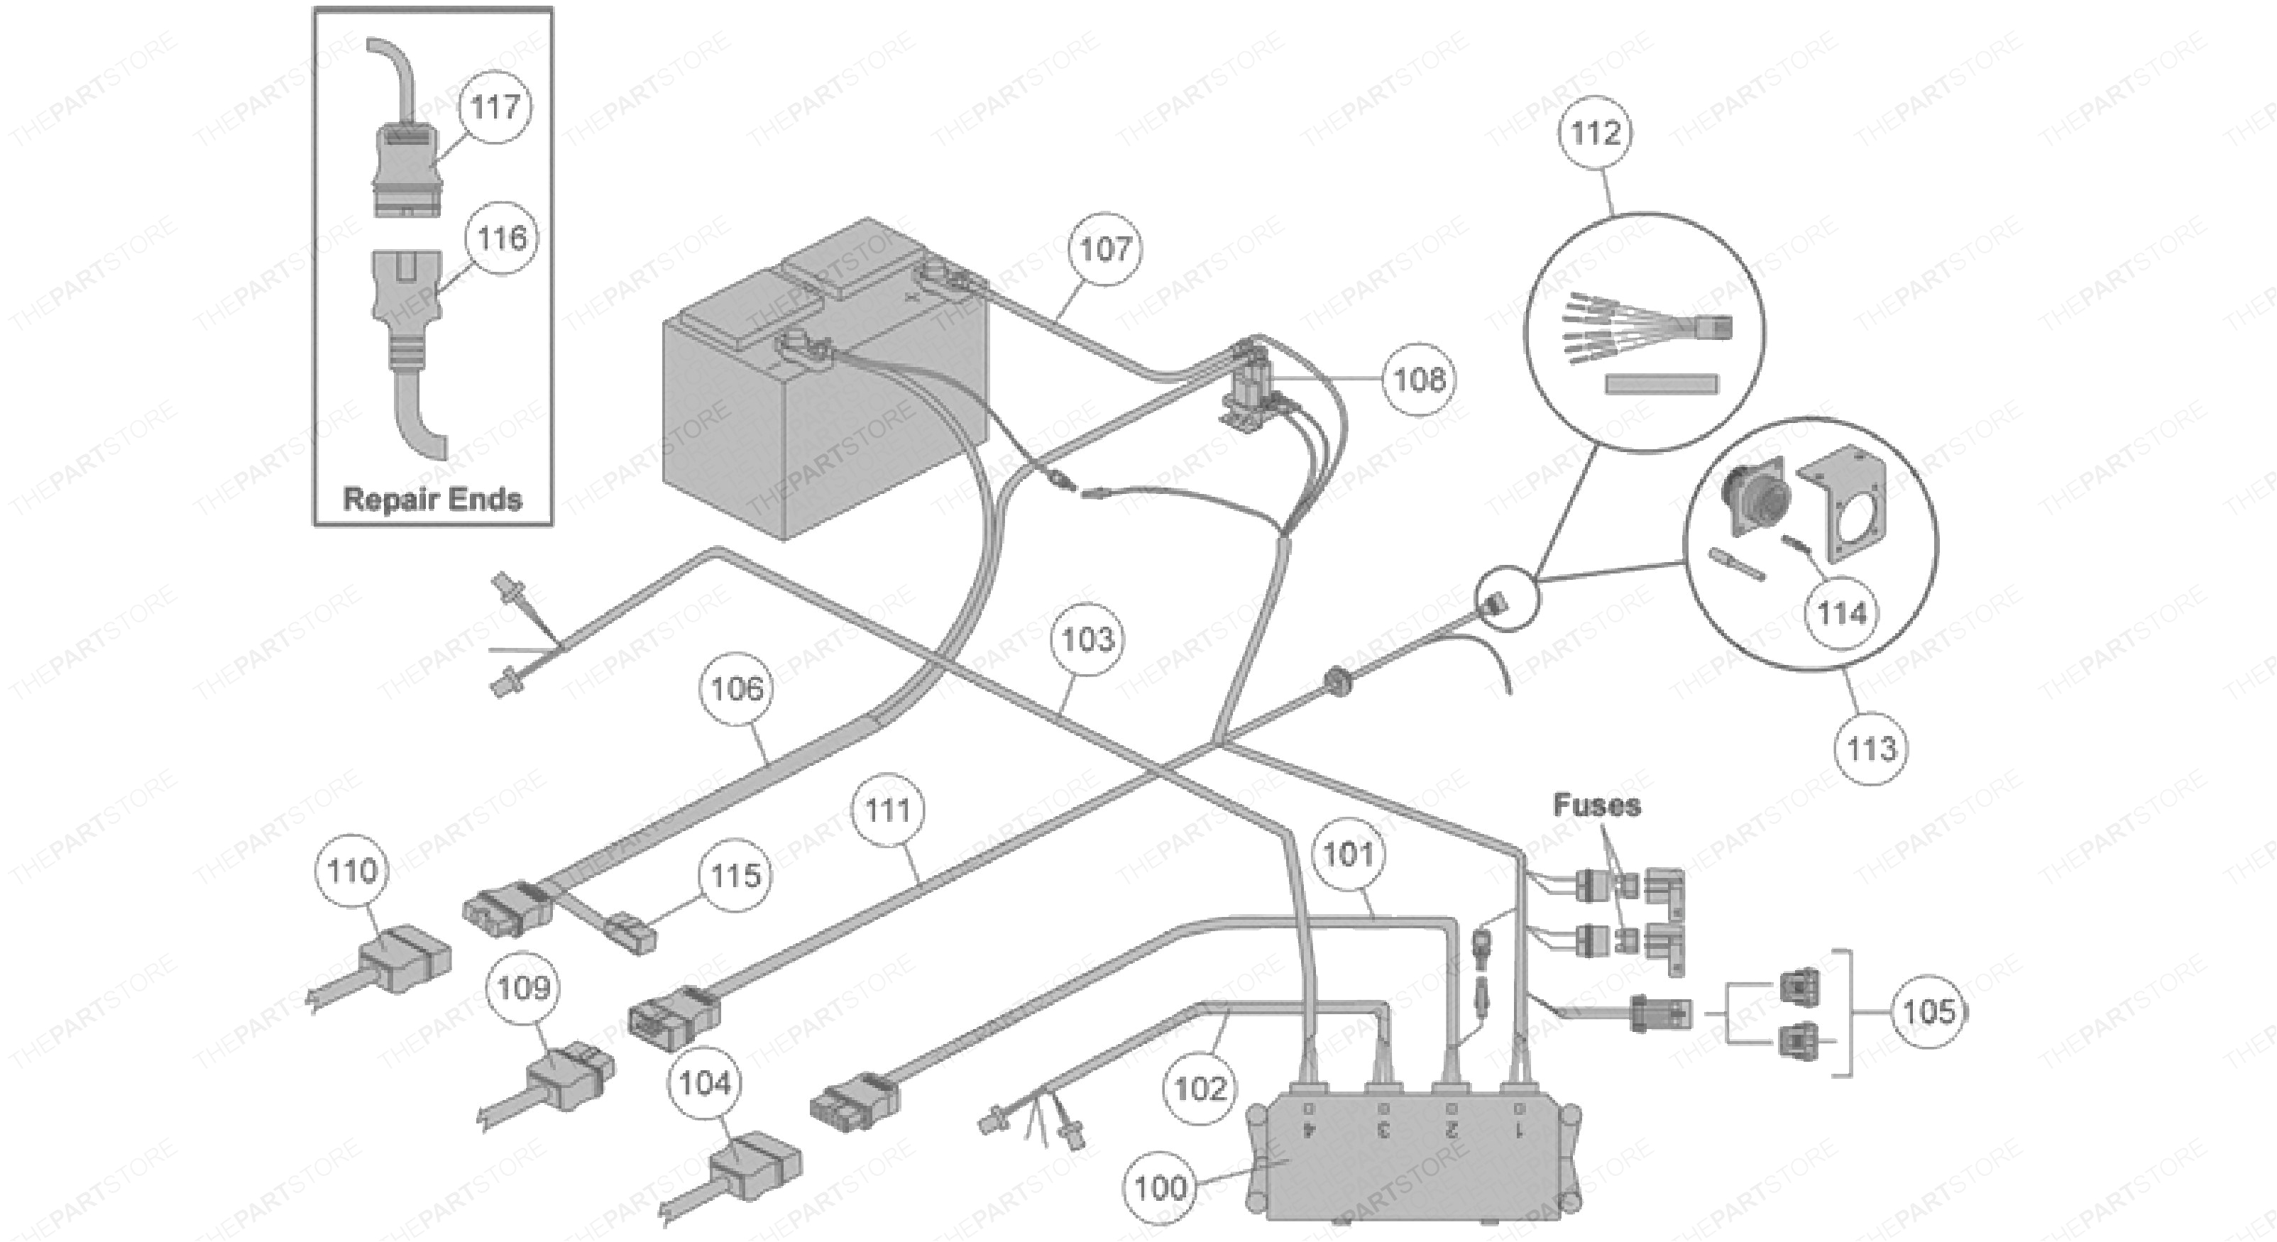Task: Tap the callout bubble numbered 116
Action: click(501, 238)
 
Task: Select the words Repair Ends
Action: click(432, 500)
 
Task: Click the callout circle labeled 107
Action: click(1106, 249)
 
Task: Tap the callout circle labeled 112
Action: click(1596, 133)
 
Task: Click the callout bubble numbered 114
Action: click(1842, 612)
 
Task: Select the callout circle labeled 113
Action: click(1871, 749)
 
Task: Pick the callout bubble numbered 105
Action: click(1928, 1011)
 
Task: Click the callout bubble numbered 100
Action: click(1159, 1187)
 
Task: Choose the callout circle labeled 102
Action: click(1200, 1088)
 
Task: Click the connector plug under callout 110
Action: click(405, 958)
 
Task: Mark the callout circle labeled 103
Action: click(1087, 639)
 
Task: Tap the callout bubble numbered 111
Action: click(889, 810)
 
